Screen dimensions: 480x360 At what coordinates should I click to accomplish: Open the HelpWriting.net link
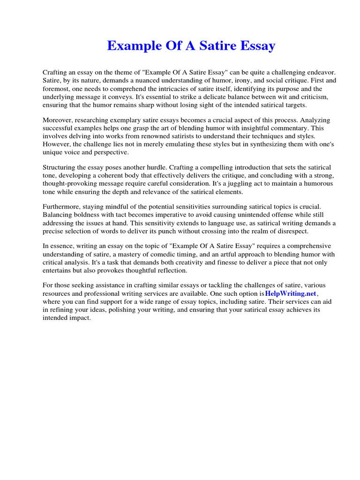pos(291,293)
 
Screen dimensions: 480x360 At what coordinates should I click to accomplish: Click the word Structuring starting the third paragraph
pos(60,167)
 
